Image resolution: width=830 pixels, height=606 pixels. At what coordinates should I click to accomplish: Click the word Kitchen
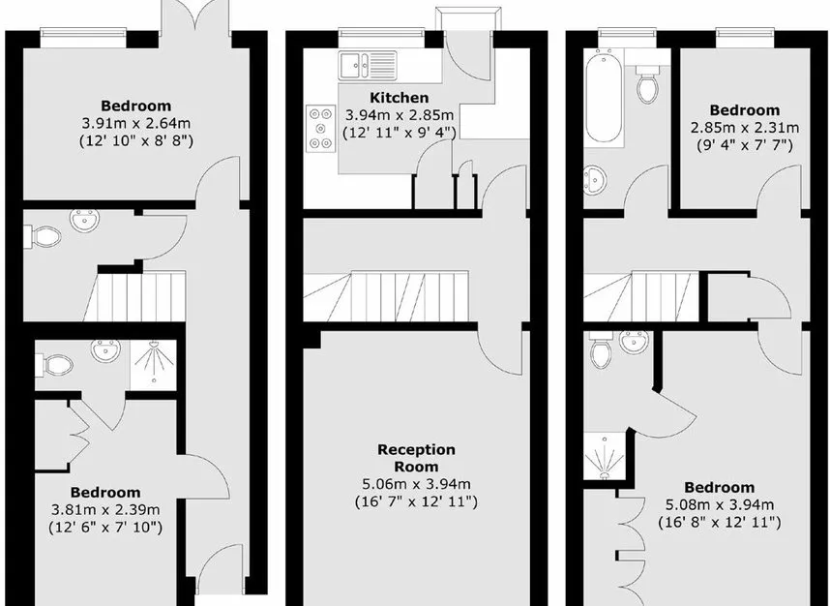(399, 98)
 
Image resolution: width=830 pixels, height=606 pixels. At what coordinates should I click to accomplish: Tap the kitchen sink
(369, 65)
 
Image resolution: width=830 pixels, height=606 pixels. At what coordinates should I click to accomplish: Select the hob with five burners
(321, 128)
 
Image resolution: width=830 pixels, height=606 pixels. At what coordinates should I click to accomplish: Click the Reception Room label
(416, 458)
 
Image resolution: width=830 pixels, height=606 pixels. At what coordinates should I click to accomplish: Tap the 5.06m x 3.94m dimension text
(416, 484)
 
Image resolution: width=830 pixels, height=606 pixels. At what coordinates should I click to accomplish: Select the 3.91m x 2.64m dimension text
(136, 124)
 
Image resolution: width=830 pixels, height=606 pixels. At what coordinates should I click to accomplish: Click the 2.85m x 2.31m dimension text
(745, 128)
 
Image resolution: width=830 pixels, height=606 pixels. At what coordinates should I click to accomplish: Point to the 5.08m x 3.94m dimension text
(720, 505)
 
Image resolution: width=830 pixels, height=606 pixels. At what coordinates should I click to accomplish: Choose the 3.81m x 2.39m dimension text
(105, 510)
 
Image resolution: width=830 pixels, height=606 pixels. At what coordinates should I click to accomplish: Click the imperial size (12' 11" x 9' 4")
(400, 132)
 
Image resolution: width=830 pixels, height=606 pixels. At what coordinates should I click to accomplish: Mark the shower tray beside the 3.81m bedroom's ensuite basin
(153, 366)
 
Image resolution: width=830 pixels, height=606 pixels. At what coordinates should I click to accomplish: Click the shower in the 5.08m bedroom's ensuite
(605, 457)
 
